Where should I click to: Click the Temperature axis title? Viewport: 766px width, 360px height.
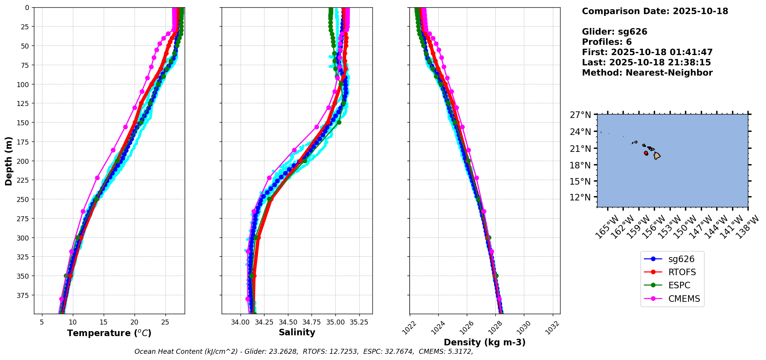109,333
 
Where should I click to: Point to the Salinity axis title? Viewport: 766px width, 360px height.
297,332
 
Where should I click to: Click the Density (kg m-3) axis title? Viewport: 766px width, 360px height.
485,342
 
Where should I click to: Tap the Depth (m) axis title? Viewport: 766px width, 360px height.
8,161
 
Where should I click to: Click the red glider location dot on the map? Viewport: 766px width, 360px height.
646,153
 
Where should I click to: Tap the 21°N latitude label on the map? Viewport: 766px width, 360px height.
581,148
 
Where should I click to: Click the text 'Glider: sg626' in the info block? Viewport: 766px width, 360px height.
614,32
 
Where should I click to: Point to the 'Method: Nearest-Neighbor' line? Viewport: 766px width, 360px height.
647,73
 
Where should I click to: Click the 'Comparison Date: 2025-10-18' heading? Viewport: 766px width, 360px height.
655,11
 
